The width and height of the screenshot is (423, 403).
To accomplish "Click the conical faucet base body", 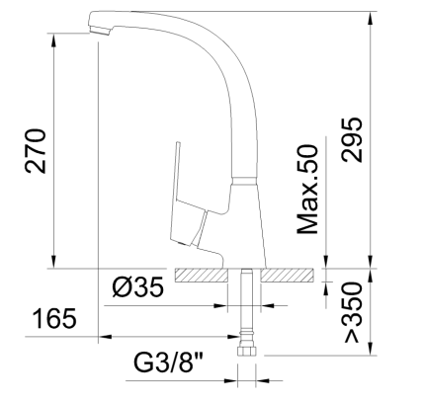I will [242, 222].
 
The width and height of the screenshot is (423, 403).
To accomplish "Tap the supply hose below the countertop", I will [246, 311].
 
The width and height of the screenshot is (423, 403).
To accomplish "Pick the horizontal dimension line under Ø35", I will [168, 304].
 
